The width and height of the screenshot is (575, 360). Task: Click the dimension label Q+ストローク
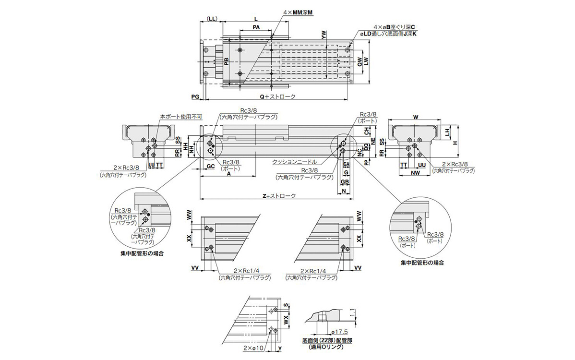click(277, 96)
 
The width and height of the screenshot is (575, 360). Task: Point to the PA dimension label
click(256, 28)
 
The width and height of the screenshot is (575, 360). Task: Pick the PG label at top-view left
click(195, 96)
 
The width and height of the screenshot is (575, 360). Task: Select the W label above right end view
click(416, 117)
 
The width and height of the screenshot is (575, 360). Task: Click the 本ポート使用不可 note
click(178, 116)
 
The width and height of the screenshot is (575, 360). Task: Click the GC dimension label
click(210, 166)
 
